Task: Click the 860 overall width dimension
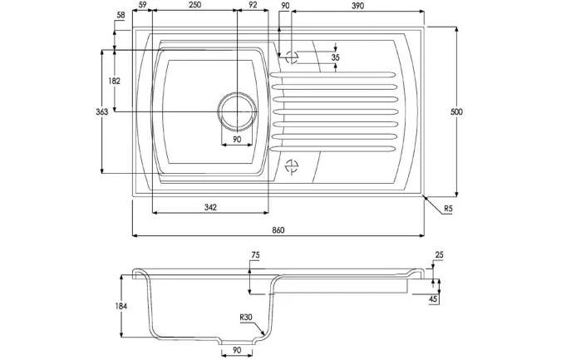click(278, 230)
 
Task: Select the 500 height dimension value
click(456, 112)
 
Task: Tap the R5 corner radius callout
click(448, 209)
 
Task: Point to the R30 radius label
click(246, 317)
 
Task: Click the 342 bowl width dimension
click(210, 207)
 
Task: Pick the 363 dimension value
click(101, 112)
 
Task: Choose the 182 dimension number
click(114, 81)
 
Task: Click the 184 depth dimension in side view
click(121, 306)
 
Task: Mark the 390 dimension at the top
click(357, 6)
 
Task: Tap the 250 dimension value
click(194, 5)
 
